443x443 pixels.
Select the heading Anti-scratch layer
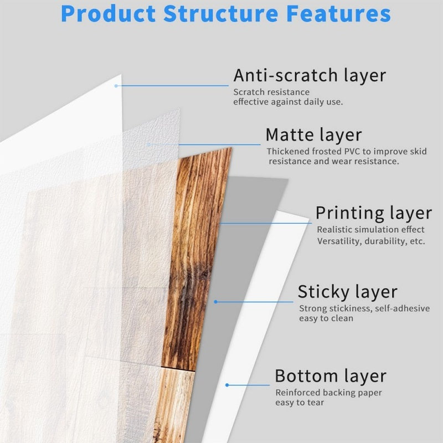pyautogui.click(x=309, y=75)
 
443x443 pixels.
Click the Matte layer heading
pyautogui.click(x=313, y=135)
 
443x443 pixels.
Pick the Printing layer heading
pyautogui.click(x=373, y=213)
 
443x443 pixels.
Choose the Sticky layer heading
pyautogui.click(x=347, y=291)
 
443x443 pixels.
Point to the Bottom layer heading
pyautogui.click(x=330, y=376)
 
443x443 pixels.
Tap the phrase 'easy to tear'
pyautogui.click(x=300, y=403)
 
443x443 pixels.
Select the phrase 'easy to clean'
pyautogui.click(x=326, y=318)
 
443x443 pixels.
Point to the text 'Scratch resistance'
pyautogui.click(x=271, y=92)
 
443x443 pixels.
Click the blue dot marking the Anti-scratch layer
pyautogui.click(x=116, y=85)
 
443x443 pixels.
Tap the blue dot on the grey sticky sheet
pyautogui.click(x=215, y=302)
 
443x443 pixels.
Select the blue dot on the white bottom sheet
pyautogui.click(x=226, y=384)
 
